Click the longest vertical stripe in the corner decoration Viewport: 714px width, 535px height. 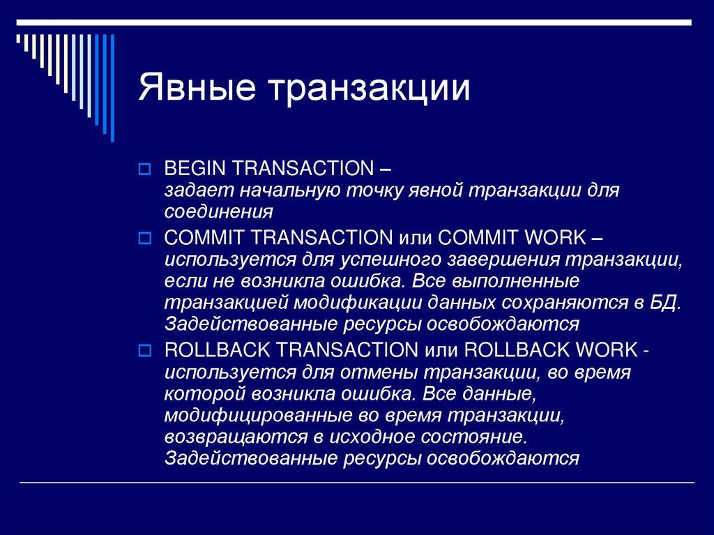[x=112, y=88]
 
